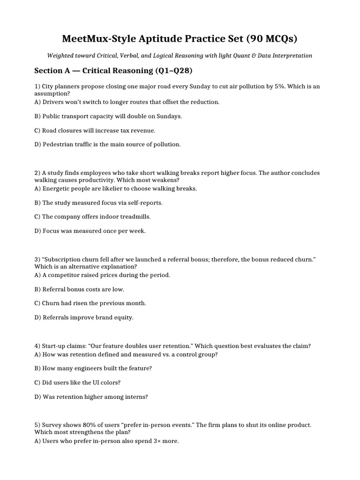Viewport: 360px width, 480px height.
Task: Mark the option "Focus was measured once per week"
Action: (x=94, y=231)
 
